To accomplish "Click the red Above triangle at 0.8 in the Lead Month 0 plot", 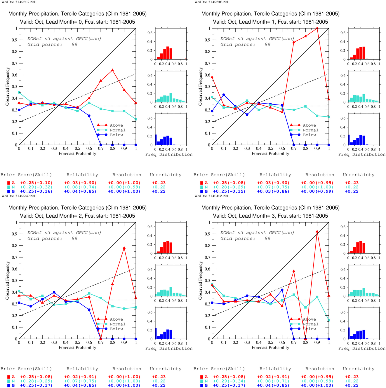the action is coord(112,70).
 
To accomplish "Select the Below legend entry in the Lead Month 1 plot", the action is coord(303,135).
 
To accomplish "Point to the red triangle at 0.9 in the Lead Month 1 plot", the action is coord(317,28).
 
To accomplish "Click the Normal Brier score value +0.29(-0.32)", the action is coord(36,187).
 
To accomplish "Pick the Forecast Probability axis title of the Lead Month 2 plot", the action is coord(77,347).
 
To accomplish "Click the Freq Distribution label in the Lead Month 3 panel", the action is coord(362,348).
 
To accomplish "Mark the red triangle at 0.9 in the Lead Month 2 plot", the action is coord(124,248).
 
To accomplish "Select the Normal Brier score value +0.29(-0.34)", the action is coord(229,381).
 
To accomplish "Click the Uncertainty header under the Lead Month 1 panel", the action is coord(359,175).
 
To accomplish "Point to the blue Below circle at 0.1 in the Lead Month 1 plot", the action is coord(224,95).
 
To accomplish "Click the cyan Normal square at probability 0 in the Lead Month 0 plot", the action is coord(19,92).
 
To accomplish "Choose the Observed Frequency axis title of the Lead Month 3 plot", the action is coord(200,280).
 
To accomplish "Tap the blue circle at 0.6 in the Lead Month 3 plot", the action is coord(282,290).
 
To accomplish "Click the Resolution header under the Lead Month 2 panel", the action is coord(127,369).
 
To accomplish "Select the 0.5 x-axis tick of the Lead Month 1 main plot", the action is coord(270,148).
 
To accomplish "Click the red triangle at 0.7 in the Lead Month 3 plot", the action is coord(294,271).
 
